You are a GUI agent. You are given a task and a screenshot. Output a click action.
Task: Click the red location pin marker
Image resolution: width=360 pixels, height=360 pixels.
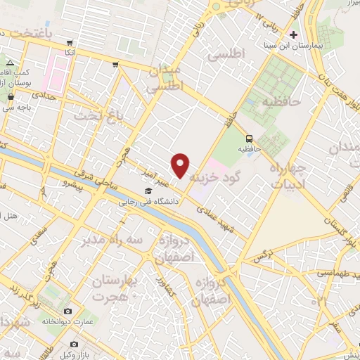click(x=181, y=165)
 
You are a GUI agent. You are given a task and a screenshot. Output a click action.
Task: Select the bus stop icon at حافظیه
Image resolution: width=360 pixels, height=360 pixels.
click(x=250, y=138)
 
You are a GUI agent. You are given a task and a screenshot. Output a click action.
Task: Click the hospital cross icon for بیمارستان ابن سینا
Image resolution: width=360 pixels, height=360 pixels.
click(x=293, y=34)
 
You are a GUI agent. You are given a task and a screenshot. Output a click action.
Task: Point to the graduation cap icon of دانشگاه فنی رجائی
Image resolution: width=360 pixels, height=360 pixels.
click(x=148, y=191)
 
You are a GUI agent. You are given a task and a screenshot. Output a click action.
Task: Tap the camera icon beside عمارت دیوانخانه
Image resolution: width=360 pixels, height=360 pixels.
click(x=67, y=311)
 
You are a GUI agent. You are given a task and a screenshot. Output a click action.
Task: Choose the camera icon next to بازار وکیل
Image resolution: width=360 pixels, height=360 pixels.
click(x=74, y=344)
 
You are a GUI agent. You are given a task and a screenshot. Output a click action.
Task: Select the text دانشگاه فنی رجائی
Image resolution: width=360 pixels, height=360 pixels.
click(x=150, y=201)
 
